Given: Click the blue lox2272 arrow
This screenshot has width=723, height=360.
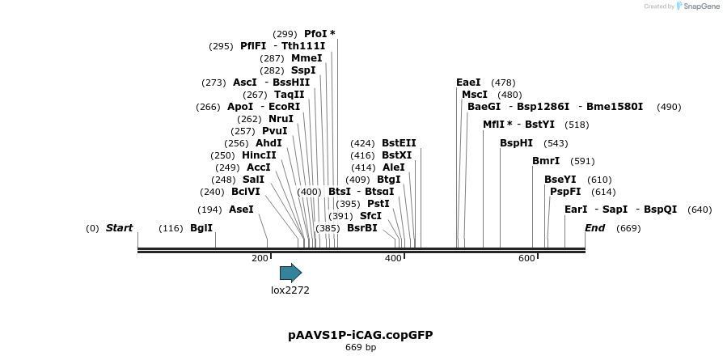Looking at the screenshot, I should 290,273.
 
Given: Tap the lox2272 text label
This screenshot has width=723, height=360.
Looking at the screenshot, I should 290,290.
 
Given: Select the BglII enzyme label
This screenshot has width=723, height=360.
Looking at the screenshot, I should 201,228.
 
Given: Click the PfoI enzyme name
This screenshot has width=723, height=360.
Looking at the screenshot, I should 315,33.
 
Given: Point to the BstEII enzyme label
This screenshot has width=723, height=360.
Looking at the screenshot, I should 399,142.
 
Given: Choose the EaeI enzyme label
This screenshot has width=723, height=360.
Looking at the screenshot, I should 468,83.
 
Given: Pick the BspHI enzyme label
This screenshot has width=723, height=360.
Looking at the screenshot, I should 516,142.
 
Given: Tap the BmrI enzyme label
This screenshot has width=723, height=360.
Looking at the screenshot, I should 546,161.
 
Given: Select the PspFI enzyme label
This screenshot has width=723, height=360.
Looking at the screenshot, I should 565,192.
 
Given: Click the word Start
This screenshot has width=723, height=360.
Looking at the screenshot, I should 119,228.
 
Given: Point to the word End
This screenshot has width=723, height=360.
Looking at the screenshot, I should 594,228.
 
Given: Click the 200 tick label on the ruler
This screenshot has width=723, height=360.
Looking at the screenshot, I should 260,258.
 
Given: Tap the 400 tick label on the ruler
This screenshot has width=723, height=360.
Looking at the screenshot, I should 393,258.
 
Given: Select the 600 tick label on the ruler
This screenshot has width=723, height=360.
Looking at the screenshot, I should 526,258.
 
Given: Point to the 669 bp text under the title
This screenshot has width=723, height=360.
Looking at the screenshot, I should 361,348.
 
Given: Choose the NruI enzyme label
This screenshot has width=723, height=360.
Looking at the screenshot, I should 281,119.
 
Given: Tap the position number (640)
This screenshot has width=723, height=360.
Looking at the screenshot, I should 699,210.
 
